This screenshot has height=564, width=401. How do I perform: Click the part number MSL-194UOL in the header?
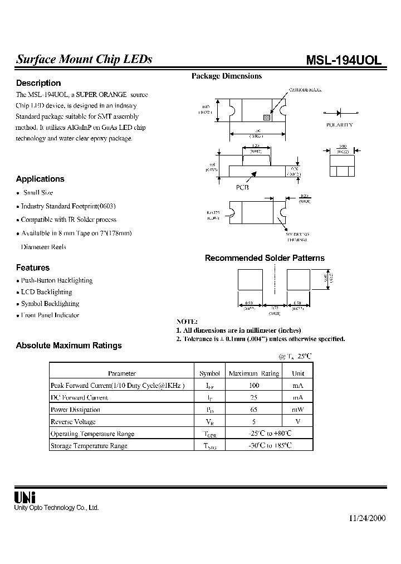344,61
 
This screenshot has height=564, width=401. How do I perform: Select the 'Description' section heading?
38,83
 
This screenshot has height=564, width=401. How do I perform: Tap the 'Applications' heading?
40,179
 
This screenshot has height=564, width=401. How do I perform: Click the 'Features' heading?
33,268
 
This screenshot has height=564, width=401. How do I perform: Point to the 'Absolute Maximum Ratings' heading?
69,346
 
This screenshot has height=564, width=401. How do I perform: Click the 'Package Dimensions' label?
227,76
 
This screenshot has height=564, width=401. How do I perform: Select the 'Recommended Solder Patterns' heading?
265,258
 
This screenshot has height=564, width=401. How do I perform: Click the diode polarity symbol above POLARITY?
339,111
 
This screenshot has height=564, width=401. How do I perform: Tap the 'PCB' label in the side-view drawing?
242,188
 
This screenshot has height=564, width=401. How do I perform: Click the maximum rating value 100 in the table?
254,386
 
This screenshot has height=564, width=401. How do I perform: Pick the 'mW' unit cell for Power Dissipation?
299,410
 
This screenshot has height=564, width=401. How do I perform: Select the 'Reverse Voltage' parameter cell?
73,422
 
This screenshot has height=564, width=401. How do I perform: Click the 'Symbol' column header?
210,373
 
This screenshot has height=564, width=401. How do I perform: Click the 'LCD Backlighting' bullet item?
46,292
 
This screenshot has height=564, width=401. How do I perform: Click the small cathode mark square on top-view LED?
267,118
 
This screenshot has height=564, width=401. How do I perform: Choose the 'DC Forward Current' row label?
79,398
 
